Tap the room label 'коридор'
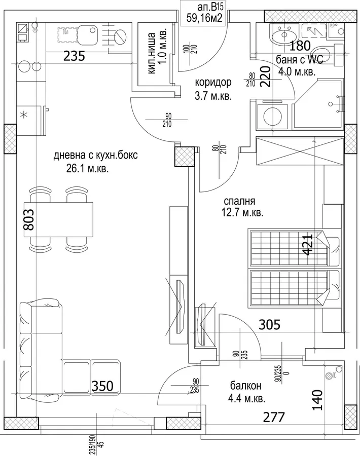[213, 82]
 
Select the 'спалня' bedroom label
[239, 201]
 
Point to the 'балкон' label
[245, 386]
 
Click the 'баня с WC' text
[300, 60]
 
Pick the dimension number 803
[29, 219]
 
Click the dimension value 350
[102, 386]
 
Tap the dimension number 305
[269, 325]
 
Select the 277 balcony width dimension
[274, 417]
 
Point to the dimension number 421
[308, 244]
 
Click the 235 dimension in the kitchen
[74, 56]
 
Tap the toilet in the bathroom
[331, 55]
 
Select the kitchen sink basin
[87, 34]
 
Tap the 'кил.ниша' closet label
[151, 53]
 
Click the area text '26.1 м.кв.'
[87, 169]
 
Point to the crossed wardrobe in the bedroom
[299, 150]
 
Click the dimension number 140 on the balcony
[317, 400]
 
